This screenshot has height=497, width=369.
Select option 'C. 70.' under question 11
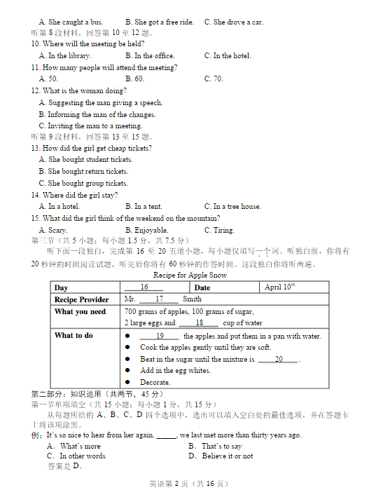coord(214,79)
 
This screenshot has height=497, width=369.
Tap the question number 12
coord(35,90)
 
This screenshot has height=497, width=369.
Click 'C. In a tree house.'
coord(232,206)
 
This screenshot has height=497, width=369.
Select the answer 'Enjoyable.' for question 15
coord(146,230)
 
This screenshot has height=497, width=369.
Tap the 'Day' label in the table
coord(62,287)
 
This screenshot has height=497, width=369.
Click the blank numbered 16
coord(143,287)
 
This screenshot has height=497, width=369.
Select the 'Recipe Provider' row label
coord(82,299)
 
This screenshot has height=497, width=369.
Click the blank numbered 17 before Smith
coord(158,299)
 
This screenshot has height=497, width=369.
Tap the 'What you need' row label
coord(80,311)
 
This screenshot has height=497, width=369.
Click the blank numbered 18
coord(198,323)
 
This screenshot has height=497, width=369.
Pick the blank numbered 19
coord(159,336)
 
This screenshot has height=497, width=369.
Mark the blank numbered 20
coord(278,359)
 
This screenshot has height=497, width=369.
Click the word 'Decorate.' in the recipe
coord(155,382)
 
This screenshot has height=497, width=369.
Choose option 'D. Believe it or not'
coord(221,456)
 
